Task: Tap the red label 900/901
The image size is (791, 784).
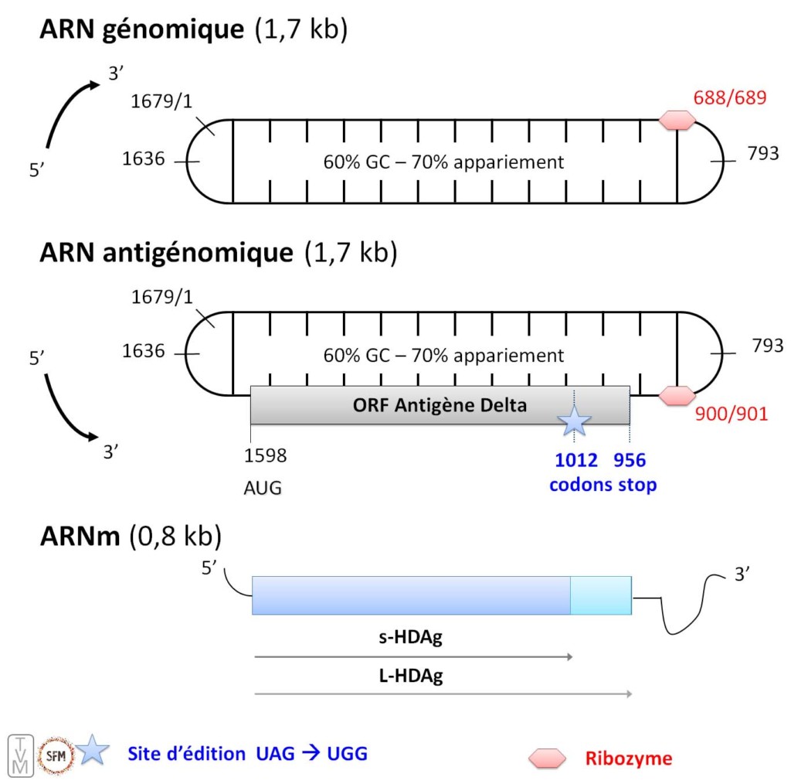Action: [x=730, y=414]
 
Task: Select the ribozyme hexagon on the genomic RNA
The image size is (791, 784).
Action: [x=677, y=120]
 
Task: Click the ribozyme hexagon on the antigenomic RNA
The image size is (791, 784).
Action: [x=677, y=395]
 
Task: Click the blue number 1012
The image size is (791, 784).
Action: [x=576, y=461]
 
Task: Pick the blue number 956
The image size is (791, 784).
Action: [x=630, y=461]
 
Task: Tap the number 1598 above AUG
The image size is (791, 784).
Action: [x=265, y=456]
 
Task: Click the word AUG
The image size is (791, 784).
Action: [x=263, y=488]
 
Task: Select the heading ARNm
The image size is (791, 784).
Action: [x=80, y=536]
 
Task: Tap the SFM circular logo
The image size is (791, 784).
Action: [x=56, y=753]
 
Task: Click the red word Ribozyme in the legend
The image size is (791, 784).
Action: [x=627, y=758]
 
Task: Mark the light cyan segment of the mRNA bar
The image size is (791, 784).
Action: [x=600, y=595]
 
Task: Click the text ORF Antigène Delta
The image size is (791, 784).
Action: [x=440, y=405]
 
